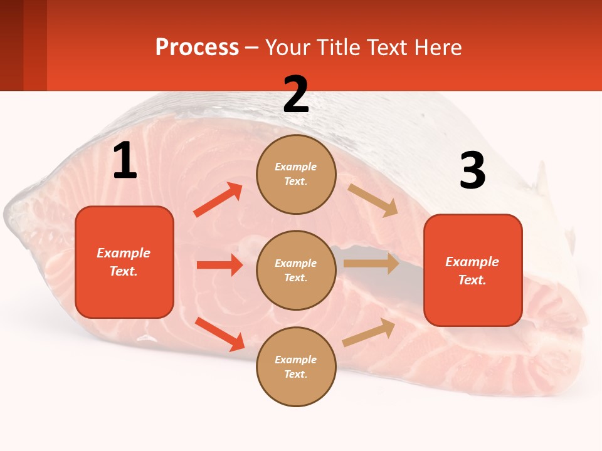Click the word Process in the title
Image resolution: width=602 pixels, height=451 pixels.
[197, 47]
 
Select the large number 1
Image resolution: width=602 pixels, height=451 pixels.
[125, 161]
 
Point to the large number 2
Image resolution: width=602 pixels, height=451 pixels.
[296, 95]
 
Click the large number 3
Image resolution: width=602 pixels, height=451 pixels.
[472, 171]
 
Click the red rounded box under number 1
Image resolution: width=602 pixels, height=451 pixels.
[124, 262]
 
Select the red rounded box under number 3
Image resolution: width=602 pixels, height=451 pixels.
[473, 270]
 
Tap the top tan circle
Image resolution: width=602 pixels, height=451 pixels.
[296, 174]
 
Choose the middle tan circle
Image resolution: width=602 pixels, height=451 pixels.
[296, 270]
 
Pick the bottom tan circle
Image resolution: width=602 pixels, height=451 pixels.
[296, 366]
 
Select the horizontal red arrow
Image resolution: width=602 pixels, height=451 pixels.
[219, 265]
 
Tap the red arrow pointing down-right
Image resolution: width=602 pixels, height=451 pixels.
[219, 334]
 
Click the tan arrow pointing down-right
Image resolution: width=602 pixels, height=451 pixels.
[373, 200]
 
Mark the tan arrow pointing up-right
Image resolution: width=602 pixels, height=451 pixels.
[369, 332]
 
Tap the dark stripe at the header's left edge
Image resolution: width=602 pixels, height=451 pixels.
[11, 45]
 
